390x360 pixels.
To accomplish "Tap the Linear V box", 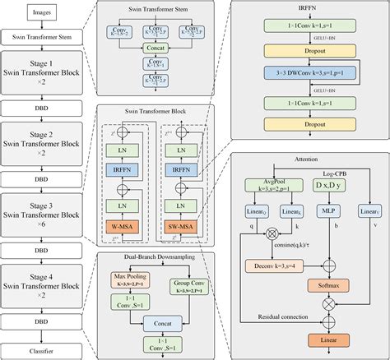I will point(366,212).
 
